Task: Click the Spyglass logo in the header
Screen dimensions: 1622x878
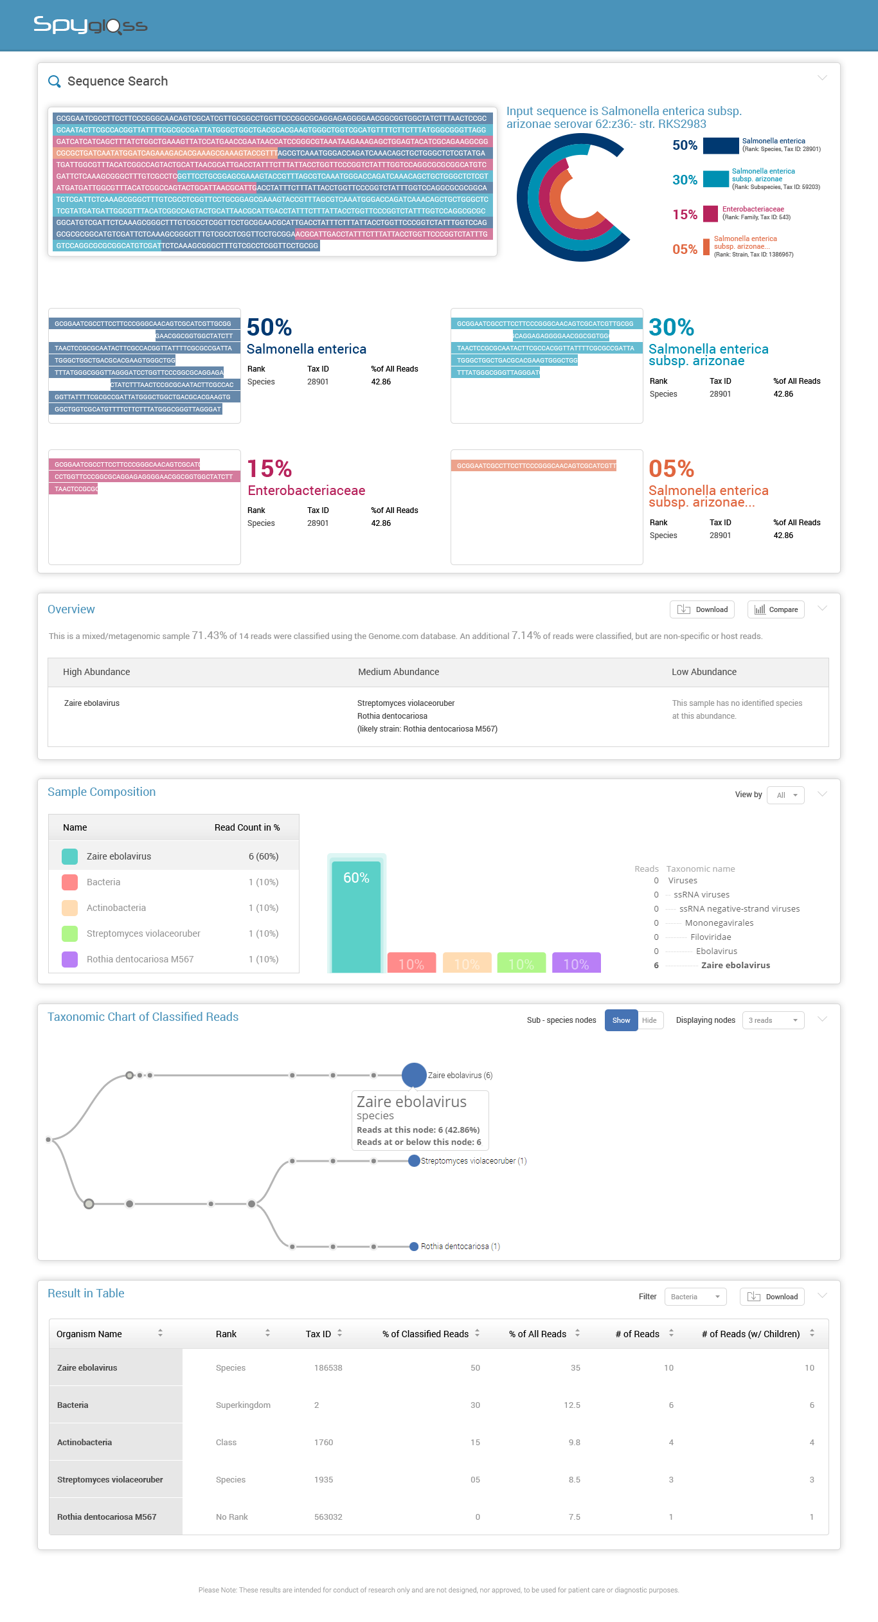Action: tap(91, 25)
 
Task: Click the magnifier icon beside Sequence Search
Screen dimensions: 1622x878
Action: tap(55, 82)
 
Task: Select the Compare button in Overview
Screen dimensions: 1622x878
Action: tap(776, 609)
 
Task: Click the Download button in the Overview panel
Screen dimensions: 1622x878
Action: tap(703, 609)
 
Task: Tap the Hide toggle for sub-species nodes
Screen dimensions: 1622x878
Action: tap(649, 1020)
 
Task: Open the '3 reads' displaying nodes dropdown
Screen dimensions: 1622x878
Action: tap(773, 1020)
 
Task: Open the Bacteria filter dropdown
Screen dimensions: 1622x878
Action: tap(695, 1297)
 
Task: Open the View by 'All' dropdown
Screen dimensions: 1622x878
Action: tap(785, 795)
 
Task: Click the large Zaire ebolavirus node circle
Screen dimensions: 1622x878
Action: tap(414, 1075)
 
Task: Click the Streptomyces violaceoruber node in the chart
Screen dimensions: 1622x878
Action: tap(415, 1160)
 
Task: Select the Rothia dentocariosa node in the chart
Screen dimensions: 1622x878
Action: tap(414, 1247)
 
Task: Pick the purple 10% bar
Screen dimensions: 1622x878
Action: tap(576, 962)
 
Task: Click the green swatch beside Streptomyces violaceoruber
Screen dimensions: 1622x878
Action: tap(69, 933)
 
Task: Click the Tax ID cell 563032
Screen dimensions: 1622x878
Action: tap(328, 1517)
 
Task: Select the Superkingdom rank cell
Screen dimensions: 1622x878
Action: tap(243, 1405)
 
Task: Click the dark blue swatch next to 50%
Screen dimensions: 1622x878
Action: tap(721, 146)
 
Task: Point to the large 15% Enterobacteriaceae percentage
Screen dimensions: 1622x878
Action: tap(269, 469)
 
